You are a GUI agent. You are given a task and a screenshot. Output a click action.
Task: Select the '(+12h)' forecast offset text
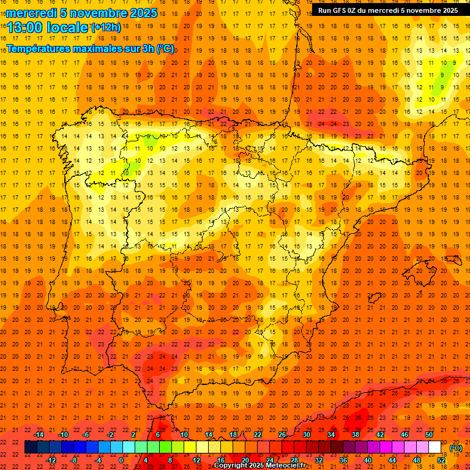[x=106, y=27]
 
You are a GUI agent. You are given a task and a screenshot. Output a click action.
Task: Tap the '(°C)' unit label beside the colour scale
[x=456, y=447]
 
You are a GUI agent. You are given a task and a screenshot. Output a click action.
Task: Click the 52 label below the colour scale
[x=441, y=460]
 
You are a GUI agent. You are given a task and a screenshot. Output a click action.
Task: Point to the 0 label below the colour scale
[x=122, y=460]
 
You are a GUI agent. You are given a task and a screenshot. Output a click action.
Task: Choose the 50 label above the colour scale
[x=429, y=435]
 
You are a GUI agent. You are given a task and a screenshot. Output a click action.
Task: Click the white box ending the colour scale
[x=435, y=447]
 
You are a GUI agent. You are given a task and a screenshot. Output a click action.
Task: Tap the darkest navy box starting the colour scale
[x=31, y=447]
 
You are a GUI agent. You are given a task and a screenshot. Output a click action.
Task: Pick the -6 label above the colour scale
[x=86, y=435]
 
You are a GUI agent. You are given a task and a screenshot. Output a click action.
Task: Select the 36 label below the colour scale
[x=343, y=460]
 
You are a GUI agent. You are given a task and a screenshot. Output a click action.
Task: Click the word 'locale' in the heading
[x=67, y=27]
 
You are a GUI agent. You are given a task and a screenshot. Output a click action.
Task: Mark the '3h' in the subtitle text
[x=147, y=48]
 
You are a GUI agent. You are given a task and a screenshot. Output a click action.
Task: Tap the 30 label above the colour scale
[x=307, y=435]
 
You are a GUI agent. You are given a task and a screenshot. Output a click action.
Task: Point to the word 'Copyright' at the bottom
[x=229, y=466]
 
